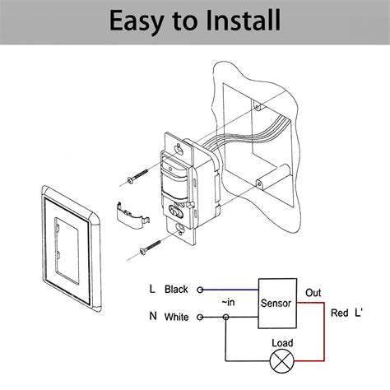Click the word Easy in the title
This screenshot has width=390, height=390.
pos(136,20)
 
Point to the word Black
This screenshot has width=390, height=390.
pos(177,290)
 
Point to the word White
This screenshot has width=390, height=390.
pos(177,316)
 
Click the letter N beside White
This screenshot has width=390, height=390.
pos(151,316)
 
